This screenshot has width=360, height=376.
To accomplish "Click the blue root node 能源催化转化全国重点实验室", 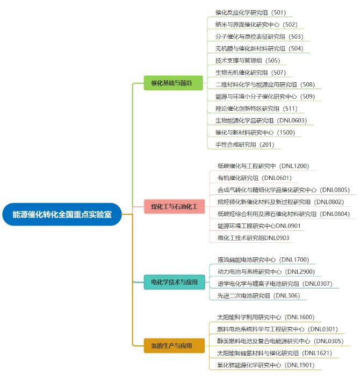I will click(x=62, y=214).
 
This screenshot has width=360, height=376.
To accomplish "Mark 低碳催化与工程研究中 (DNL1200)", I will click(x=263, y=166).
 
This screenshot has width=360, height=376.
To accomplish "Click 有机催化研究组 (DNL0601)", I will click(x=254, y=178).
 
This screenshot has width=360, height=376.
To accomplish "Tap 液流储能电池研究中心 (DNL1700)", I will click(x=263, y=260).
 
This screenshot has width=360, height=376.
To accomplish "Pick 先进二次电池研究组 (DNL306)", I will click(x=258, y=295).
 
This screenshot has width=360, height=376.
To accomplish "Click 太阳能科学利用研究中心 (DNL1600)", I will click(x=265, y=317).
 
